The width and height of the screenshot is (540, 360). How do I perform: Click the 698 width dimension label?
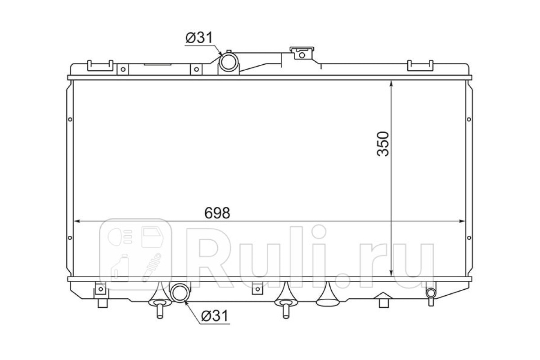pyautogui.click(x=217, y=213)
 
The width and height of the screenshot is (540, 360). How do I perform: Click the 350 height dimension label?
pyautogui.click(x=383, y=144)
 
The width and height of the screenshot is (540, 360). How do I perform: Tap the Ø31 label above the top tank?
pyautogui.click(x=199, y=38)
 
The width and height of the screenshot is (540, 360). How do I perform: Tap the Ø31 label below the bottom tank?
pyautogui.click(x=214, y=316)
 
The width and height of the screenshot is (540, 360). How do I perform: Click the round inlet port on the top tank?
pyautogui.click(x=229, y=62)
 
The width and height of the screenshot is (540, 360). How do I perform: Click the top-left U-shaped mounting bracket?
pyautogui.click(x=100, y=66)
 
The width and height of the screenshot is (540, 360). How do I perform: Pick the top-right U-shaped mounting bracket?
pyautogui.click(x=420, y=66)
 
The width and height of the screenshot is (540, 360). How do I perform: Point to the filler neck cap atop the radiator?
pyautogui.click(x=302, y=53)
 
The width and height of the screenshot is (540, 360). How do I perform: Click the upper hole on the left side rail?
pyautogui.click(x=70, y=119)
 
